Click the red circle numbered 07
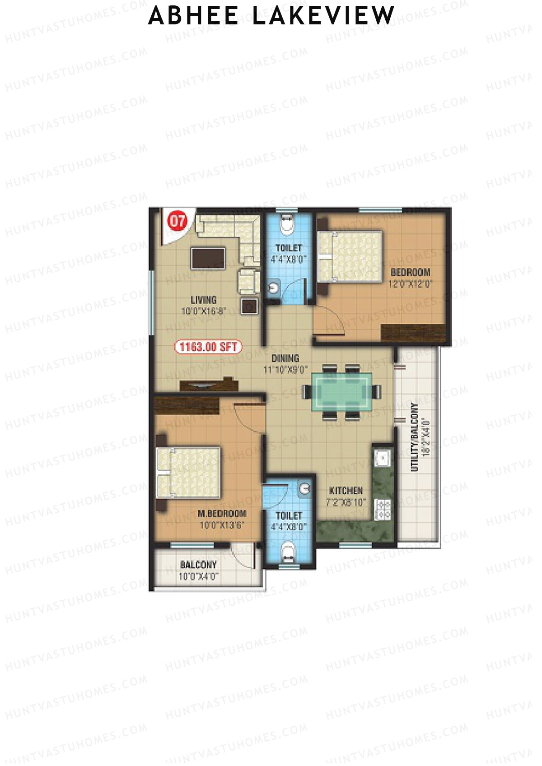click(178, 222)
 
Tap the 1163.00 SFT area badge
click(208, 347)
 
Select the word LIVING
click(203, 300)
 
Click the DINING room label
click(285, 358)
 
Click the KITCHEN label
click(346, 491)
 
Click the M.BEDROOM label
click(222, 514)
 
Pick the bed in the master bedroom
click(188, 472)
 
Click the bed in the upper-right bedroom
click(350, 256)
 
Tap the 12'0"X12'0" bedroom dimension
click(411, 284)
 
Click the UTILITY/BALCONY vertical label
click(415, 436)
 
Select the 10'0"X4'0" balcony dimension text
click(198, 576)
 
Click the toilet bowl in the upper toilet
click(286, 223)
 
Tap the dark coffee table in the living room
click(208, 258)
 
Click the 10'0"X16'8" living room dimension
click(203, 311)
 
